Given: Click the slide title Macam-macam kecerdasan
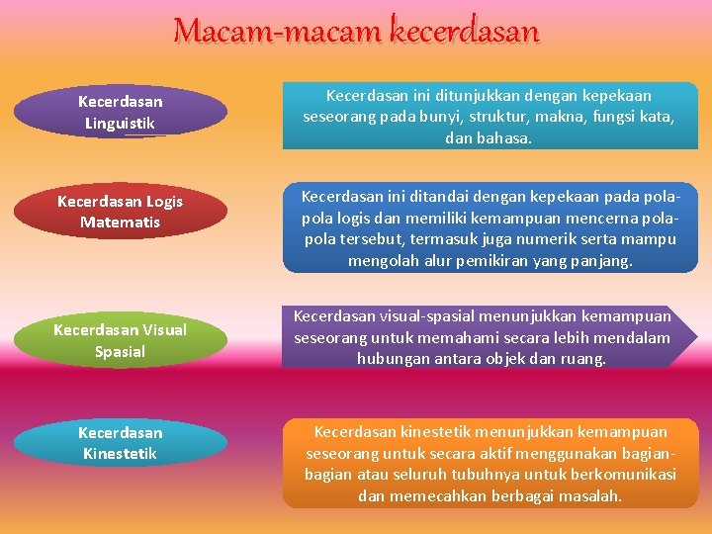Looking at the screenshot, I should (356, 32).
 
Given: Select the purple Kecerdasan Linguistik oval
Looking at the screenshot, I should (120, 113).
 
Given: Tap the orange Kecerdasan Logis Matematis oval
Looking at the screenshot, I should (120, 212).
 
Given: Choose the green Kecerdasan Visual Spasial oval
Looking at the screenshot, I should (120, 340).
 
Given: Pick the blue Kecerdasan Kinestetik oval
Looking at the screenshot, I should (120, 443).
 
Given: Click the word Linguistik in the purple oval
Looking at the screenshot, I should (120, 124).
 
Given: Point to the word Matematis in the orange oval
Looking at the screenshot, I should (120, 222).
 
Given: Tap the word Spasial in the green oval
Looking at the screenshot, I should (120, 351).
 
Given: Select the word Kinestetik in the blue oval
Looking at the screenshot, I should (120, 454).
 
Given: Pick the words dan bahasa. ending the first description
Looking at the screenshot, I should (489, 138).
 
